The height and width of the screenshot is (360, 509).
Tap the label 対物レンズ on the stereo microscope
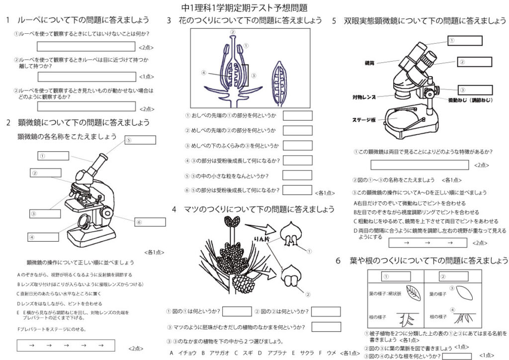coord(364,97)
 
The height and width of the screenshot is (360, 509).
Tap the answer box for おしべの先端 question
coord(297,116)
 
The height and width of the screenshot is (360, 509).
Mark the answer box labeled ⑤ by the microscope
coord(141,140)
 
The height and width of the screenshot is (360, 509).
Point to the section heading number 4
coord(174,209)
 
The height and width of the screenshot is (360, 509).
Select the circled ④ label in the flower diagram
coord(204,73)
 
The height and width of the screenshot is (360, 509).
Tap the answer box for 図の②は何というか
coord(326,311)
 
